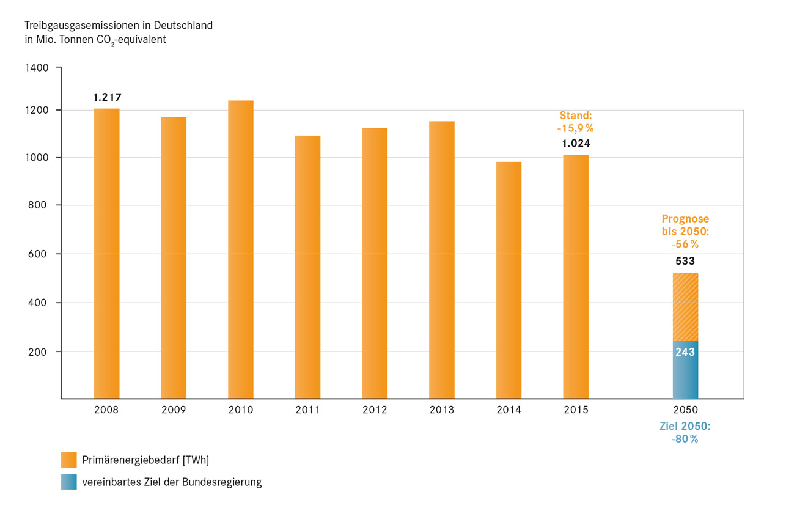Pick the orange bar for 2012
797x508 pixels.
(x=375, y=263)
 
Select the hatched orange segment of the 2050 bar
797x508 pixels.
(x=685, y=306)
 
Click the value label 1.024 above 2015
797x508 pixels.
(x=576, y=144)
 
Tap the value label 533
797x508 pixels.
(x=685, y=261)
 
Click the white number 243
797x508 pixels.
(x=685, y=352)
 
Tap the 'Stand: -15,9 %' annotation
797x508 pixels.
(x=576, y=121)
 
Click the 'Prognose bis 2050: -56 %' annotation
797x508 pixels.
(x=685, y=231)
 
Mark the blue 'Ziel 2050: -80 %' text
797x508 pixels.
(x=685, y=432)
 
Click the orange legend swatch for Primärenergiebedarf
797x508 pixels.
(x=69, y=460)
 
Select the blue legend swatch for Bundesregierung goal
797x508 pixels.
(x=69, y=482)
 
